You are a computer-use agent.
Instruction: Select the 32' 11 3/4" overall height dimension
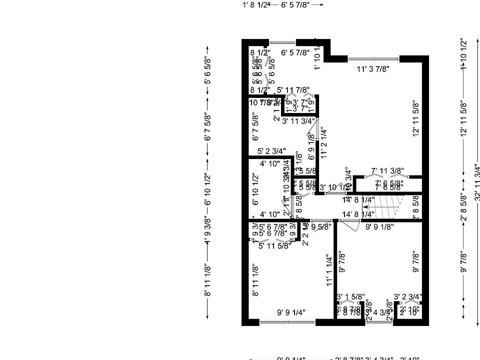(x=477, y=182)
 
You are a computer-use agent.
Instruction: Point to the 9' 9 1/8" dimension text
(x=379, y=226)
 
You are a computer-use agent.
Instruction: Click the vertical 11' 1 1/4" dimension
(x=329, y=270)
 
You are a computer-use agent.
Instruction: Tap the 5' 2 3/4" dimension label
(x=271, y=150)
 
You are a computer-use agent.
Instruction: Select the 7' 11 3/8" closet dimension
(x=387, y=171)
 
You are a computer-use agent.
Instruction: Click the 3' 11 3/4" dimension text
(x=298, y=121)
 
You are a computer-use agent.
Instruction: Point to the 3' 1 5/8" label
(x=350, y=296)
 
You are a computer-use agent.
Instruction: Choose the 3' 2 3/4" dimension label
(x=408, y=296)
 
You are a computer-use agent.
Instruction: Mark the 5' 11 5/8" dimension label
(x=275, y=245)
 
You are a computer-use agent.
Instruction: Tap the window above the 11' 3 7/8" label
(x=373, y=59)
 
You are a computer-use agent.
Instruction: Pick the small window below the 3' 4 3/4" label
(x=378, y=323)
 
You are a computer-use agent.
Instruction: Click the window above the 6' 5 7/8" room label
(x=282, y=42)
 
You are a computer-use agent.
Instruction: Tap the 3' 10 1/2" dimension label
(x=332, y=187)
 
